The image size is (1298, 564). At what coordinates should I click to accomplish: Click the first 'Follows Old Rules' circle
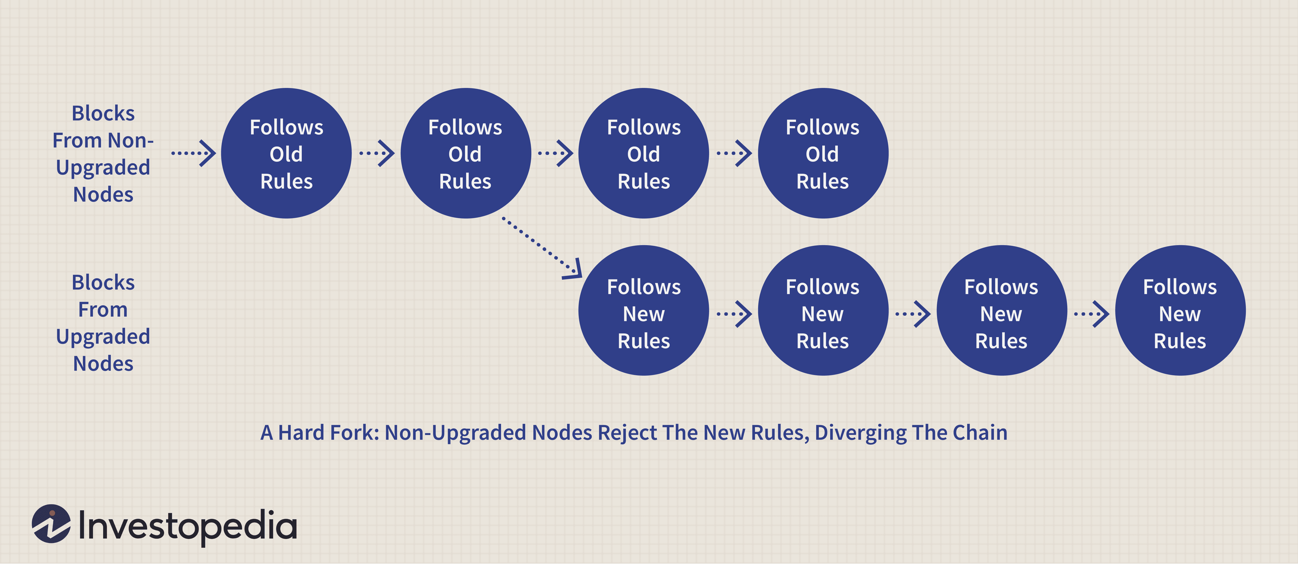click(286, 154)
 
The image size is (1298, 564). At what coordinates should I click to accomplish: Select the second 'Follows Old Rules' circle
click(465, 154)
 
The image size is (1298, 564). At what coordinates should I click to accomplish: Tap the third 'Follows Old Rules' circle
click(643, 154)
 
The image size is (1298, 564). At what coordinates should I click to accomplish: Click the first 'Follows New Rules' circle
click(643, 311)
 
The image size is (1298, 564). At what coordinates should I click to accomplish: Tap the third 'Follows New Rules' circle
click(1001, 311)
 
